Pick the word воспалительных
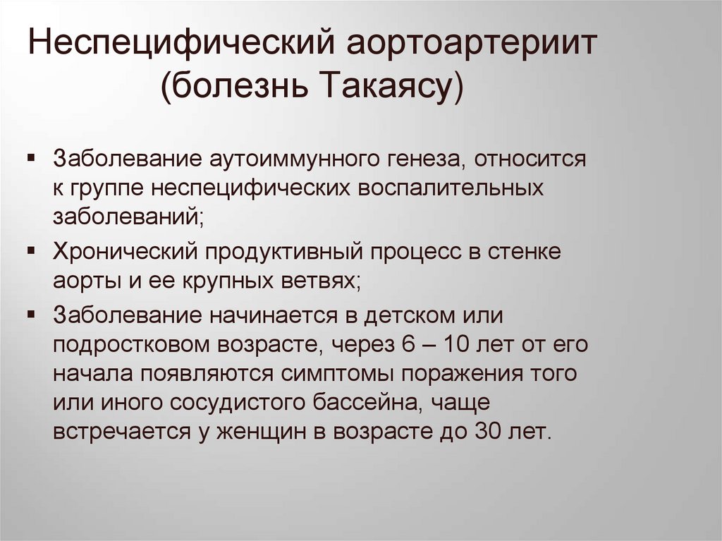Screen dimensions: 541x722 pyautogui.click(x=453, y=188)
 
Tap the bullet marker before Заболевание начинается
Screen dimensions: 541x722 pyautogui.click(x=32, y=312)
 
